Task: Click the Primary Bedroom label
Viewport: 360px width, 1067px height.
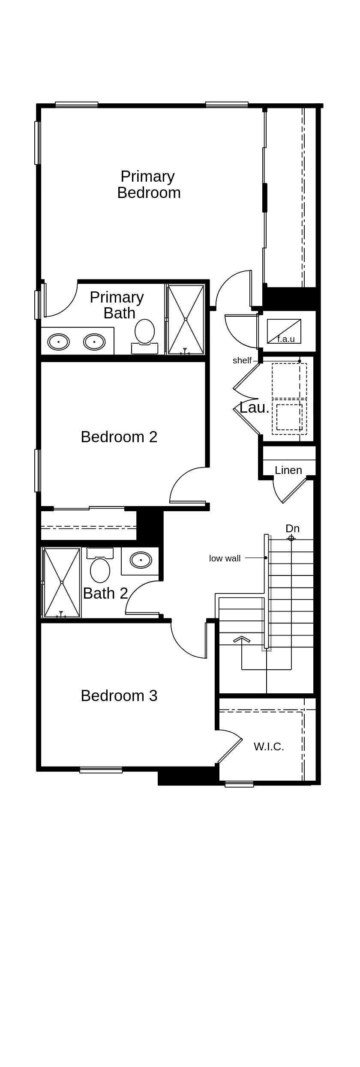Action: click(148, 185)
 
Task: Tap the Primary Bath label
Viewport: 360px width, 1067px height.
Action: click(117, 305)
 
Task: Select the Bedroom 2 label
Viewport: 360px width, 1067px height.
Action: click(119, 437)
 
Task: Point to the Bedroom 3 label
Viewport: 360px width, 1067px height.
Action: click(119, 696)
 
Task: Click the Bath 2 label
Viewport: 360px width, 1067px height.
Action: click(105, 593)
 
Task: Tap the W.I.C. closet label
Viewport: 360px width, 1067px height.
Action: click(269, 747)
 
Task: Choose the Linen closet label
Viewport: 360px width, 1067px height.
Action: click(288, 471)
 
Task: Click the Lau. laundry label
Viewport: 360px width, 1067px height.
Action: click(254, 408)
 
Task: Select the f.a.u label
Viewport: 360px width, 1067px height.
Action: click(286, 339)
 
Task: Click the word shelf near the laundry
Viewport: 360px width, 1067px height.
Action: click(242, 361)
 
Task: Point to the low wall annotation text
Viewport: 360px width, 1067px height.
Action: click(225, 558)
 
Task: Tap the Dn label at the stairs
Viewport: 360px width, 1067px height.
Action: click(292, 529)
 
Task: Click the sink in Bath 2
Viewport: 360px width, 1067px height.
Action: click(141, 560)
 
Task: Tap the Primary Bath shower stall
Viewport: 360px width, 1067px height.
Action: click(186, 320)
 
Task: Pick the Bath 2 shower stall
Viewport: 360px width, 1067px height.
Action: click(62, 583)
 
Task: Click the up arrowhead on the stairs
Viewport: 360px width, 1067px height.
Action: click(242, 640)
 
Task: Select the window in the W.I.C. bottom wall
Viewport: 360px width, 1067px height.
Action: click(239, 785)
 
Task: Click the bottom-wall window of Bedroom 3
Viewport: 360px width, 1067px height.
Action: click(101, 770)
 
